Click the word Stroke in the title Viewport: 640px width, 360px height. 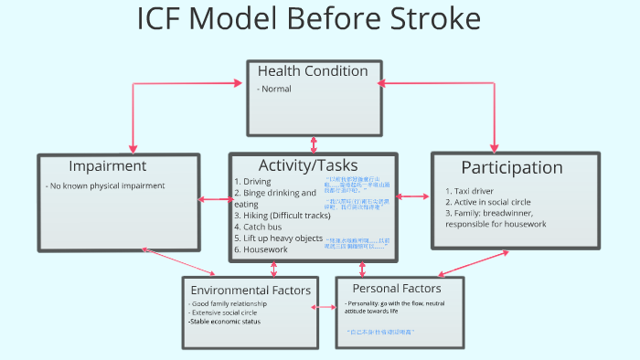coord(415,21)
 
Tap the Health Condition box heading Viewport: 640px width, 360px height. coord(313,71)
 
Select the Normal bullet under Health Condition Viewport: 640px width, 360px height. coord(276,89)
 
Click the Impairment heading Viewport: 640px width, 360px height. coord(107,166)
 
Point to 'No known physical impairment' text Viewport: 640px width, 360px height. coord(105,185)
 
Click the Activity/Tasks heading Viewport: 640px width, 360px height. coord(314,164)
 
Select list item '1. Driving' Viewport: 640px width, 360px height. coord(252,181)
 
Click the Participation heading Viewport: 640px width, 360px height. coord(511,167)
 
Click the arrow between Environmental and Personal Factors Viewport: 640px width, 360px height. coord(324,308)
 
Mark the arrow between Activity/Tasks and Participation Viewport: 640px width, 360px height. coord(413,196)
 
